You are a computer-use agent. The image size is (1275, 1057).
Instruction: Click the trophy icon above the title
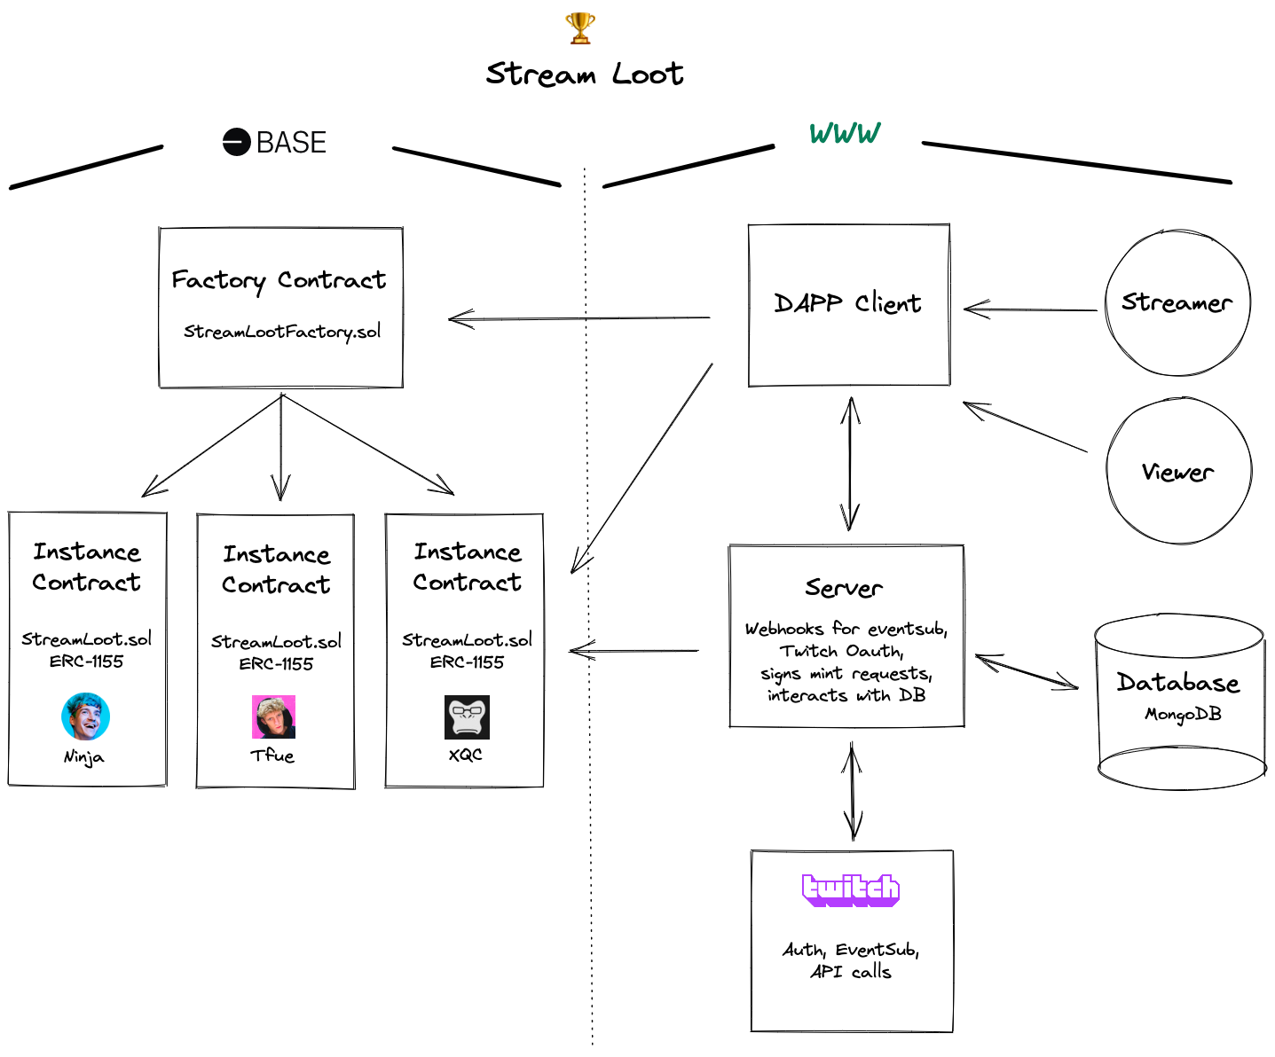(579, 28)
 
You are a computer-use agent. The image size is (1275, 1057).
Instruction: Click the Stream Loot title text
(584, 74)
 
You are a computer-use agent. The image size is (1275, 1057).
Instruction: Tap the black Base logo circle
(236, 142)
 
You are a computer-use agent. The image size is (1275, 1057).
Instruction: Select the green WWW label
(845, 134)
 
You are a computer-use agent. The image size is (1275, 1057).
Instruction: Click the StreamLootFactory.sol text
(282, 332)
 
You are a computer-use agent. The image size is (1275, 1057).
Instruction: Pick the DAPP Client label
(847, 303)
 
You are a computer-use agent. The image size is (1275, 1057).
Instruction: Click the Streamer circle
(1177, 303)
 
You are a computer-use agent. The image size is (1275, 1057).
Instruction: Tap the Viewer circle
(1178, 471)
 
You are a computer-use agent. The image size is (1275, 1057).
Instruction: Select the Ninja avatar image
(85, 716)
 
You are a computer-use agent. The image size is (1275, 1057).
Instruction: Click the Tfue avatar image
(273, 716)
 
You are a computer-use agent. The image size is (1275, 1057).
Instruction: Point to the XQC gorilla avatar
(467, 716)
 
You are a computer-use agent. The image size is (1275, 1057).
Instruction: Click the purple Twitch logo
(850, 889)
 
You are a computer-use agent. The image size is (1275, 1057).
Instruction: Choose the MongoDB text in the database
(1182, 714)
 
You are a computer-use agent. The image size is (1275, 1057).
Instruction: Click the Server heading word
(843, 588)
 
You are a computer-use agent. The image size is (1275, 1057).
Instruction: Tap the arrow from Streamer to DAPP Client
(1029, 309)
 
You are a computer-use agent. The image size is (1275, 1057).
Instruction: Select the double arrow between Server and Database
(1027, 671)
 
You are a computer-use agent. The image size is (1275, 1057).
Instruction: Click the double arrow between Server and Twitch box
(852, 791)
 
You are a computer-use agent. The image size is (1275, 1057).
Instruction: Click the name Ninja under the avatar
(83, 757)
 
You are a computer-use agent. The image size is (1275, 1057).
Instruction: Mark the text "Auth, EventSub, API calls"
(850, 960)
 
